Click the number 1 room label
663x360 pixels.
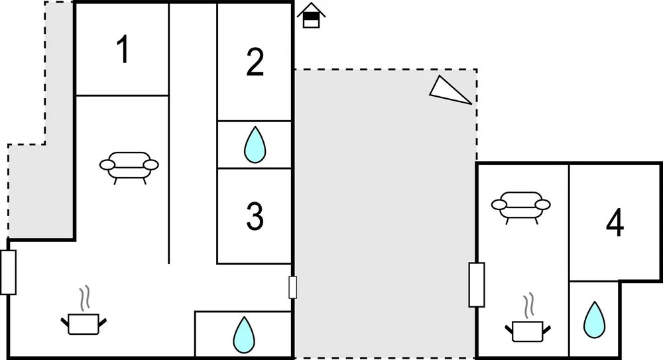point(122,50)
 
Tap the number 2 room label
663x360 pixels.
point(255,62)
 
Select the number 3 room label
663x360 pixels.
point(255,216)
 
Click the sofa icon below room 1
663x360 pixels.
point(129,166)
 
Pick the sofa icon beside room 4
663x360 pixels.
point(520,205)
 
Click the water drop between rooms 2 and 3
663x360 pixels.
point(255,145)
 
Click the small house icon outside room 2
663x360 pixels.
point(311,16)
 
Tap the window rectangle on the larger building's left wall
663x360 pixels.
point(8,272)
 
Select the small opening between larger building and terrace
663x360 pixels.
point(292,288)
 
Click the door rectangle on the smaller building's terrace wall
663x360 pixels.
point(476,284)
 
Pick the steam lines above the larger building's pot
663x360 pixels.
point(84,299)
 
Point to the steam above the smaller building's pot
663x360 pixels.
point(528,306)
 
